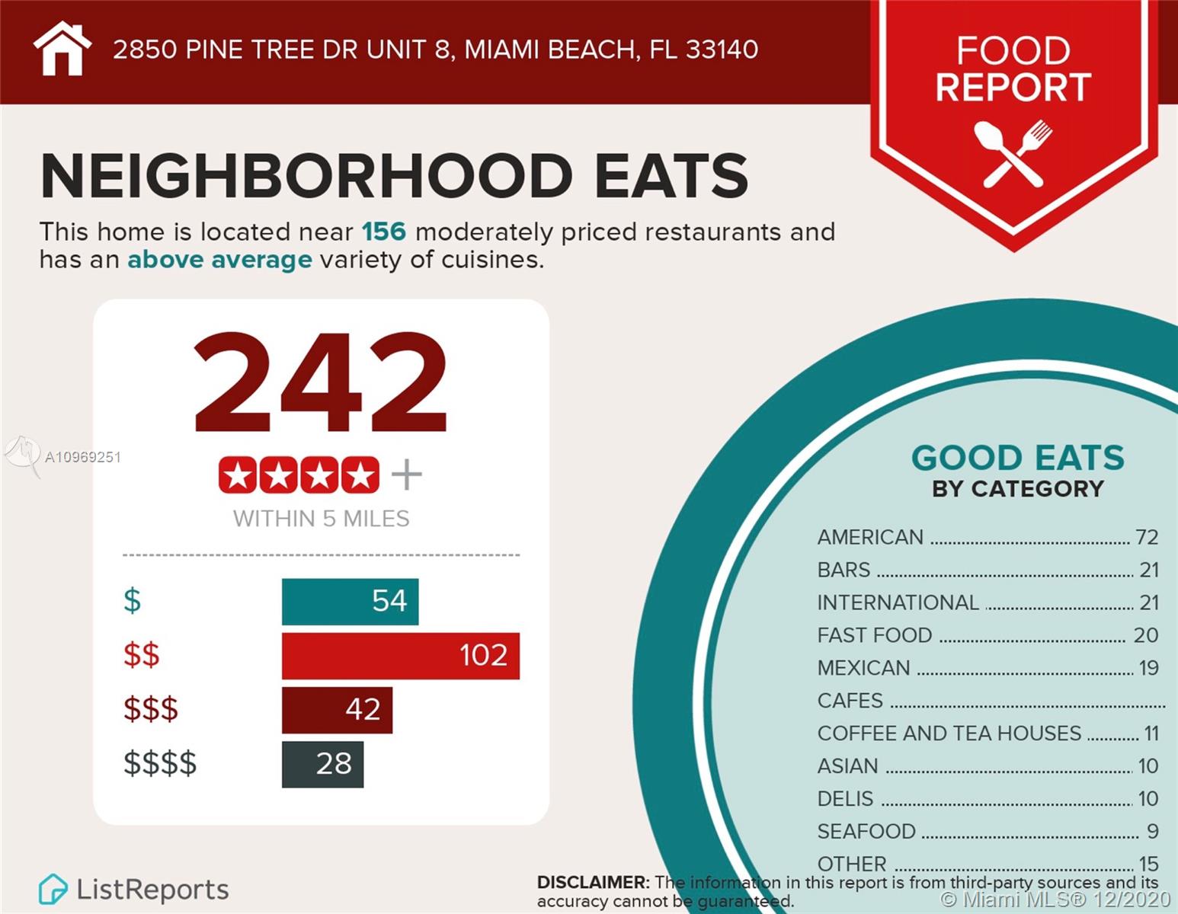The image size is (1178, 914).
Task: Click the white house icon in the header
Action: (x=62, y=49)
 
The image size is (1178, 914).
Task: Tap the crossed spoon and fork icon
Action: (x=1013, y=152)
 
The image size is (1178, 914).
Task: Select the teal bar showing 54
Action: (x=350, y=602)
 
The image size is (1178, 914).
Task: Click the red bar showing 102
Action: (x=400, y=656)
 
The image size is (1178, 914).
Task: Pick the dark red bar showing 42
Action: (x=337, y=710)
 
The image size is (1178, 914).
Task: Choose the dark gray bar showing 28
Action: (x=322, y=764)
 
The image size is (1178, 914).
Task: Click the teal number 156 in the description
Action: (x=383, y=232)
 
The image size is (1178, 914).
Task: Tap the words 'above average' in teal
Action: (x=219, y=260)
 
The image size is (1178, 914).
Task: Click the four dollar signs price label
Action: (x=160, y=763)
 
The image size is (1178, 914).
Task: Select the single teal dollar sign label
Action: (x=133, y=601)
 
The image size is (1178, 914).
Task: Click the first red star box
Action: (x=238, y=475)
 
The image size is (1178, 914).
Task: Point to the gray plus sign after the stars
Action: (x=406, y=475)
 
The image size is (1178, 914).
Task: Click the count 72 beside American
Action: (x=1146, y=538)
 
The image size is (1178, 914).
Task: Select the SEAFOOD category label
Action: (x=866, y=832)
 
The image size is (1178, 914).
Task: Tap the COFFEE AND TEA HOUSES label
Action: (x=949, y=733)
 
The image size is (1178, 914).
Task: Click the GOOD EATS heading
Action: (x=1017, y=459)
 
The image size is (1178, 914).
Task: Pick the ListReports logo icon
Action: (x=53, y=889)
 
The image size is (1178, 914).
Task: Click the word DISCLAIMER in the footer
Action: (x=592, y=883)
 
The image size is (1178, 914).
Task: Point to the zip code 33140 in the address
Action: (x=722, y=50)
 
